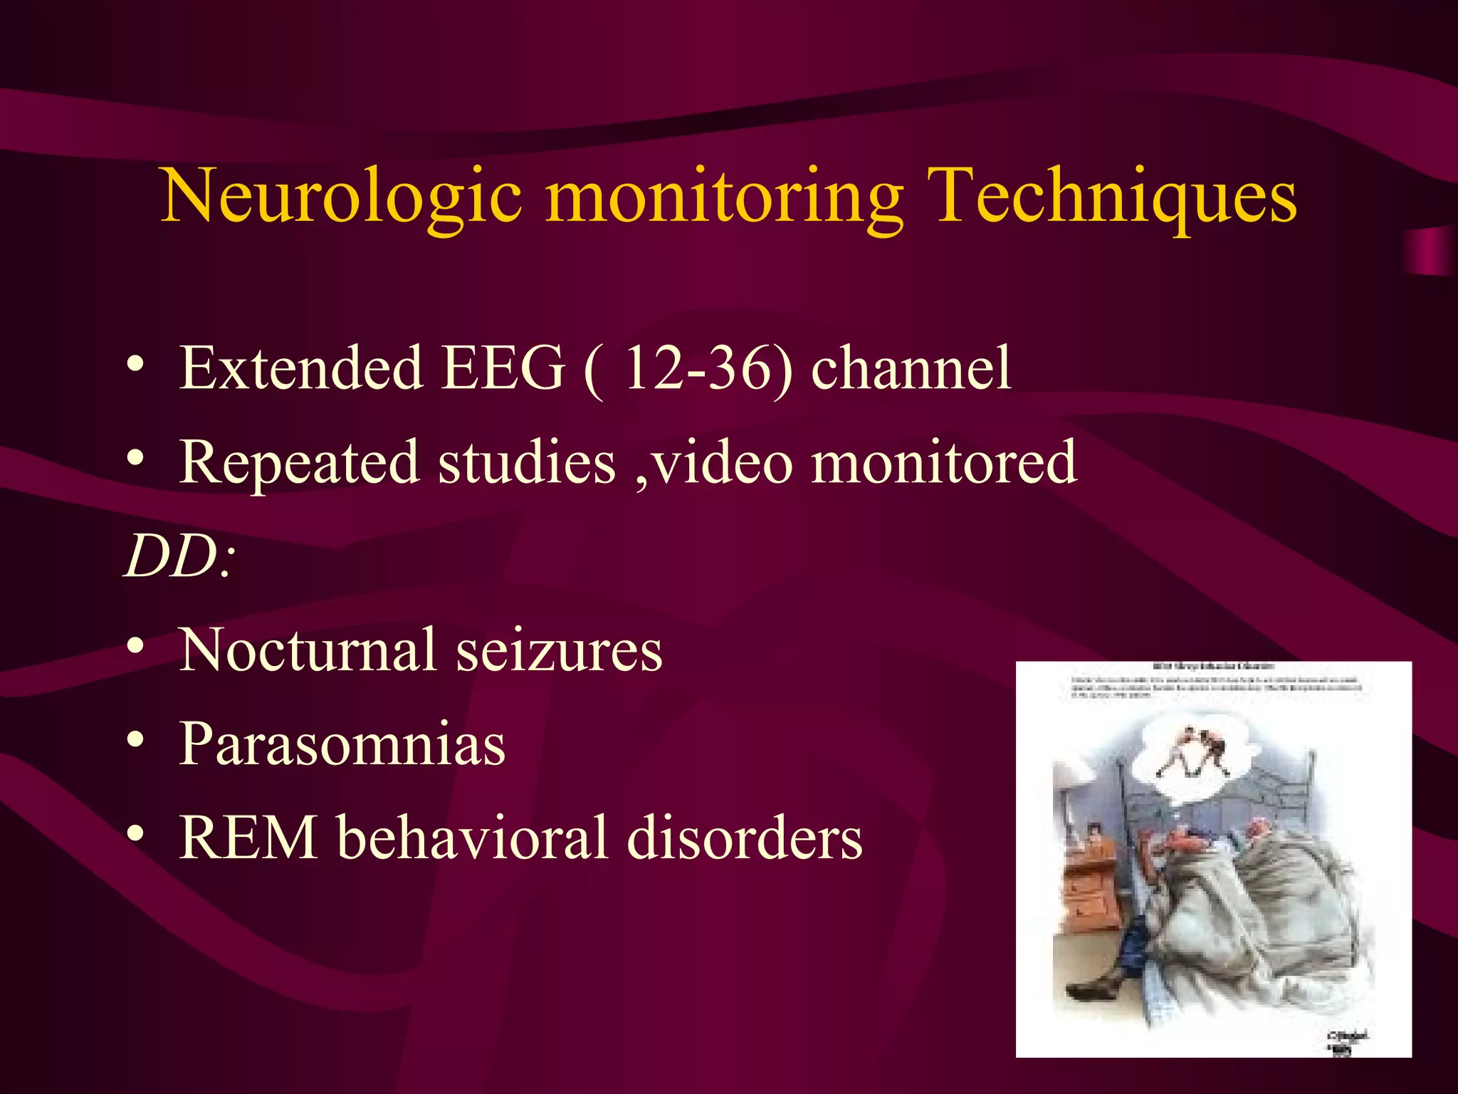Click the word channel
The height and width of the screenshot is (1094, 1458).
911,368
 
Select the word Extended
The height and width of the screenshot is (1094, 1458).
300,368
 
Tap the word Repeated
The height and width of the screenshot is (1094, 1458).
298,463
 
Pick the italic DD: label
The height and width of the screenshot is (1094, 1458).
178,556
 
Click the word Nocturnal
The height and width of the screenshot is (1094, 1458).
307,650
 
